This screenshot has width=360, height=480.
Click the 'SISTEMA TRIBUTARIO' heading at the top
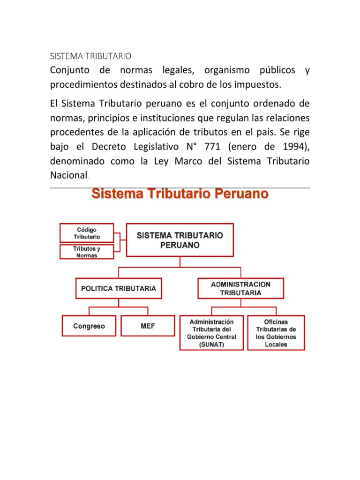point(91,56)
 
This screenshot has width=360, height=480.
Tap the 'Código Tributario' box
point(87,233)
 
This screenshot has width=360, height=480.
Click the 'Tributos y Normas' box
point(87,252)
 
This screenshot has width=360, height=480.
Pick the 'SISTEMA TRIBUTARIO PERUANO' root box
point(180,240)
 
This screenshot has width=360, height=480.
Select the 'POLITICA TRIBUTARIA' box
point(119,289)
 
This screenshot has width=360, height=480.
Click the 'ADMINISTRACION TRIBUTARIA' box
point(240,288)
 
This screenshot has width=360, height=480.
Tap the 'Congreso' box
point(89,326)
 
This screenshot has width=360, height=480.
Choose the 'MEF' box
point(148,326)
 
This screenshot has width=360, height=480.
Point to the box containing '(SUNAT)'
point(211,333)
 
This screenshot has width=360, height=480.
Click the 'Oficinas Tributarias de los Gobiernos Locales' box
point(276,333)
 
